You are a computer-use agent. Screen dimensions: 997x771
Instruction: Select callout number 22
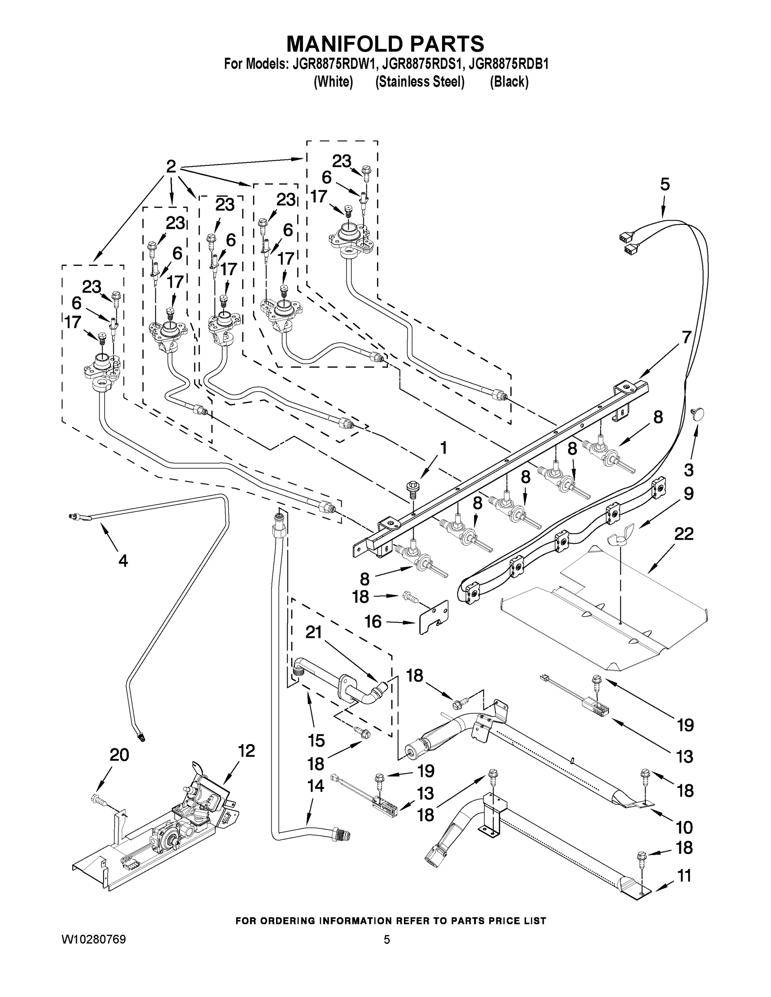click(684, 534)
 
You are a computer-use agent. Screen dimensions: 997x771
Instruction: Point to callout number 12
click(246, 751)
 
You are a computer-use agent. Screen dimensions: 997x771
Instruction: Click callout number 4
click(123, 560)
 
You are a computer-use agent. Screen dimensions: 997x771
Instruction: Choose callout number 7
click(687, 337)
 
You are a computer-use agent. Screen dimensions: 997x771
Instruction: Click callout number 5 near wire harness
click(665, 185)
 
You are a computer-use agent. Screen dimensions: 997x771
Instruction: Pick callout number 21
click(314, 632)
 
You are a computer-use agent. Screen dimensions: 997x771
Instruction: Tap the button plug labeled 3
click(698, 414)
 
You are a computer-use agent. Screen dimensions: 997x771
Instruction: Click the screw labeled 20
click(98, 799)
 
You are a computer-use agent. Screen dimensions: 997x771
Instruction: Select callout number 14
click(315, 786)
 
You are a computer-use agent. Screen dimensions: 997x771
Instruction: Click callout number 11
click(684, 876)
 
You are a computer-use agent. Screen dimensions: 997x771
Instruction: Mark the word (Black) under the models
click(509, 82)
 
